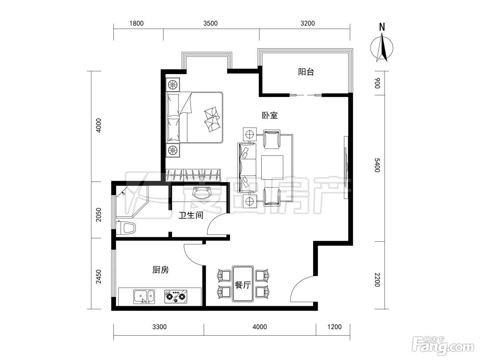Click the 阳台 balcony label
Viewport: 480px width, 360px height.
click(306, 72)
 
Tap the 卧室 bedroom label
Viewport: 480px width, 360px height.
click(270, 116)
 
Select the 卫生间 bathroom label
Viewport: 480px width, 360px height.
click(191, 215)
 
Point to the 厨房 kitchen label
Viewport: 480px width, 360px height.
click(160, 270)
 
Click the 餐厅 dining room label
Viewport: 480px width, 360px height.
click(243, 285)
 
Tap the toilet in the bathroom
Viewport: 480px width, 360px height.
click(126, 228)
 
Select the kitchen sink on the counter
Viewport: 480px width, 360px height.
click(144, 297)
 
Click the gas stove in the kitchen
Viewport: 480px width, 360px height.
click(176, 297)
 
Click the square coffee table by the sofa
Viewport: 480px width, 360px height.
click(272, 167)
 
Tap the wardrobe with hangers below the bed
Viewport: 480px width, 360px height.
click(193, 175)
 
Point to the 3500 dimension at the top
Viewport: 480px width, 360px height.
click(211, 23)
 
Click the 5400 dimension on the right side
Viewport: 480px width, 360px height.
click(377, 165)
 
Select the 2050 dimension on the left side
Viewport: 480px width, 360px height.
click(99, 215)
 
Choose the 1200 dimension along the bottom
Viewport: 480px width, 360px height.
click(334, 327)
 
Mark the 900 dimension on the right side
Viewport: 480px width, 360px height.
click(377, 83)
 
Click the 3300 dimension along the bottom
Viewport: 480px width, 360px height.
click(159, 327)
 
